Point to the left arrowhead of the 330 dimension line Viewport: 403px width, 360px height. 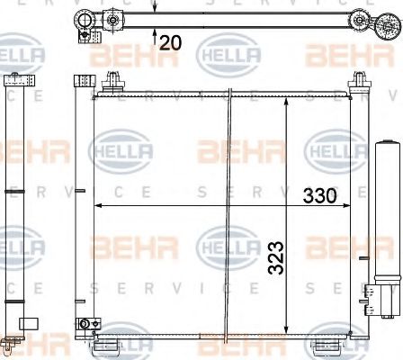[99, 206]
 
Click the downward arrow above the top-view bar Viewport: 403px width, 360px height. [157, 6]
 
